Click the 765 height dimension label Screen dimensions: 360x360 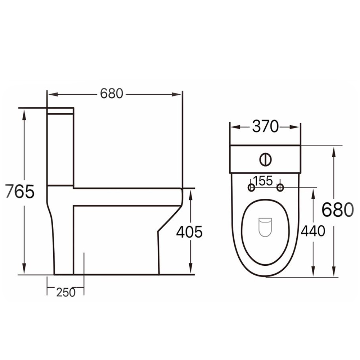pyautogui.click(x=20, y=191)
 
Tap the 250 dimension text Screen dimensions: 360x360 pyautogui.click(x=66, y=292)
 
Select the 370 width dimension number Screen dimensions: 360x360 pyautogui.click(x=265, y=126)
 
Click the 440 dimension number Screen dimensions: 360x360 pyautogui.click(x=313, y=231)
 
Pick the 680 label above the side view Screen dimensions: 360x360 pyautogui.click(x=112, y=94)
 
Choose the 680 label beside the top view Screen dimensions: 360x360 pyautogui.click(x=338, y=210)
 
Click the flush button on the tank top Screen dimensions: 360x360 pyautogui.click(x=265, y=159)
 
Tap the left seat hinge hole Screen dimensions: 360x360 pyautogui.click(x=251, y=188)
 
